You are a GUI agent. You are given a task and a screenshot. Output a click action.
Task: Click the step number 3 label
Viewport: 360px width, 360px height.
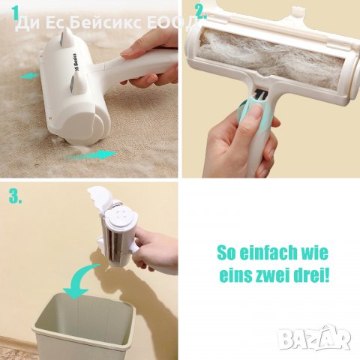15,196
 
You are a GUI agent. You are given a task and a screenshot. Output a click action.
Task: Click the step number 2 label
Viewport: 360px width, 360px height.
201,11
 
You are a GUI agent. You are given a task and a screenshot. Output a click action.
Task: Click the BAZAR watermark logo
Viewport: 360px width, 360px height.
315,337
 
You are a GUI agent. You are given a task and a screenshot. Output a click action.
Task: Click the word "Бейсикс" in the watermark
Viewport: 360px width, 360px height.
106,24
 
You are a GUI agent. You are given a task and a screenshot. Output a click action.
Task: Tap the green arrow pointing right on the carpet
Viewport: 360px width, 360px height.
91,155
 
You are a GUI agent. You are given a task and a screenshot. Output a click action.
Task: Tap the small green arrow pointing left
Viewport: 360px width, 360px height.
29,76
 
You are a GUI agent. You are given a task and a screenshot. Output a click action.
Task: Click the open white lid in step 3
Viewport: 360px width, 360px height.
100,197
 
